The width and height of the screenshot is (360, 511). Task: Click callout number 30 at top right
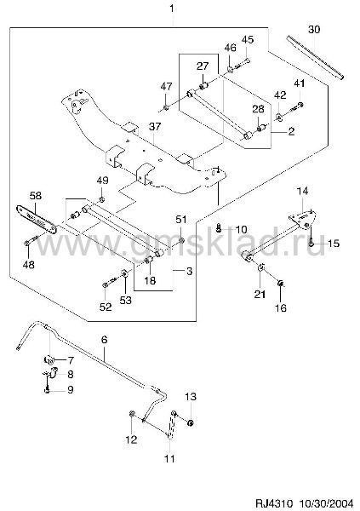pyautogui.click(x=314, y=29)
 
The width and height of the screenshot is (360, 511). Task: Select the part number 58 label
pyautogui.click(x=36, y=196)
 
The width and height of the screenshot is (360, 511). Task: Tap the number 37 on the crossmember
pyautogui.click(x=155, y=126)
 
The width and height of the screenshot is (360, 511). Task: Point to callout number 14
pyautogui.click(x=302, y=191)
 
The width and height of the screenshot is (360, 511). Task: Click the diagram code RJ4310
pyautogui.click(x=274, y=502)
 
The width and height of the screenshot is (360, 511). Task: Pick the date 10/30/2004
pyautogui.click(x=325, y=502)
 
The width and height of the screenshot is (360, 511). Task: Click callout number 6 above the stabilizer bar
pyautogui.click(x=104, y=340)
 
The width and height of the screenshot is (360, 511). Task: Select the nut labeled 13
pyautogui.click(x=191, y=423)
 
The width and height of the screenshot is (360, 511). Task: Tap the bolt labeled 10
pyautogui.click(x=219, y=228)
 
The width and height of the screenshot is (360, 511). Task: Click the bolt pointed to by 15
pyautogui.click(x=311, y=241)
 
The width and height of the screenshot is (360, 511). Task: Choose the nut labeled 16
pyautogui.click(x=280, y=284)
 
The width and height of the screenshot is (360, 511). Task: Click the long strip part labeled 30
pyautogui.click(x=315, y=57)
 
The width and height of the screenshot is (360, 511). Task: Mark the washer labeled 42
pyautogui.click(x=279, y=116)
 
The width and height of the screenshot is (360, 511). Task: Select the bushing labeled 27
pyautogui.click(x=204, y=86)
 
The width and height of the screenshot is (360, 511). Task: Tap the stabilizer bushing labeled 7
pyautogui.click(x=49, y=359)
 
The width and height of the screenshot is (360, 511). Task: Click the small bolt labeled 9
pyautogui.click(x=48, y=389)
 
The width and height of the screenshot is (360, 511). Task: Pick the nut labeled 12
pyautogui.click(x=132, y=414)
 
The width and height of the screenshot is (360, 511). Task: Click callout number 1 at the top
pyautogui.click(x=172, y=9)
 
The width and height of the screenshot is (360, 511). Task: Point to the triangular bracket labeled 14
pyautogui.click(x=303, y=220)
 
